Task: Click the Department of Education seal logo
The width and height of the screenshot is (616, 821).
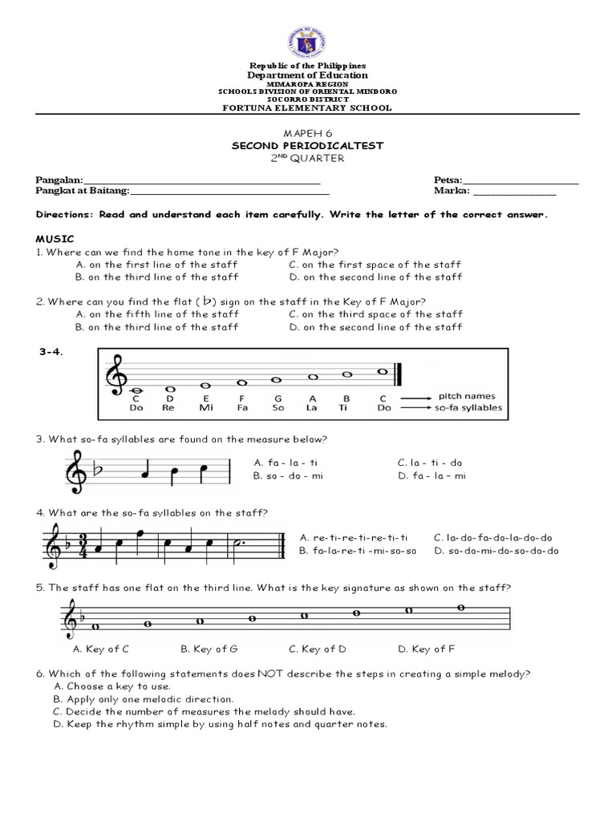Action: (x=309, y=33)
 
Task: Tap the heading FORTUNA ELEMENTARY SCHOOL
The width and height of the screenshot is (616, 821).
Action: (x=308, y=107)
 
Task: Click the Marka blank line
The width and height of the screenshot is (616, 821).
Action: (x=515, y=192)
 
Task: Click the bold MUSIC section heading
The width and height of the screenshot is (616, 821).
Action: (x=54, y=239)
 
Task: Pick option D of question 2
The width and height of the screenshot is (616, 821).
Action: (x=375, y=327)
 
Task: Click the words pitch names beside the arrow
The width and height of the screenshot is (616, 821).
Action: (x=468, y=396)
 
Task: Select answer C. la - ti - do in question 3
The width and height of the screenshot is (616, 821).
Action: (x=429, y=463)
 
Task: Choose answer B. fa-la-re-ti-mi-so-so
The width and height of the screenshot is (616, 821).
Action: (x=359, y=551)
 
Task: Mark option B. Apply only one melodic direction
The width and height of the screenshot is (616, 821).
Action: (x=144, y=699)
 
